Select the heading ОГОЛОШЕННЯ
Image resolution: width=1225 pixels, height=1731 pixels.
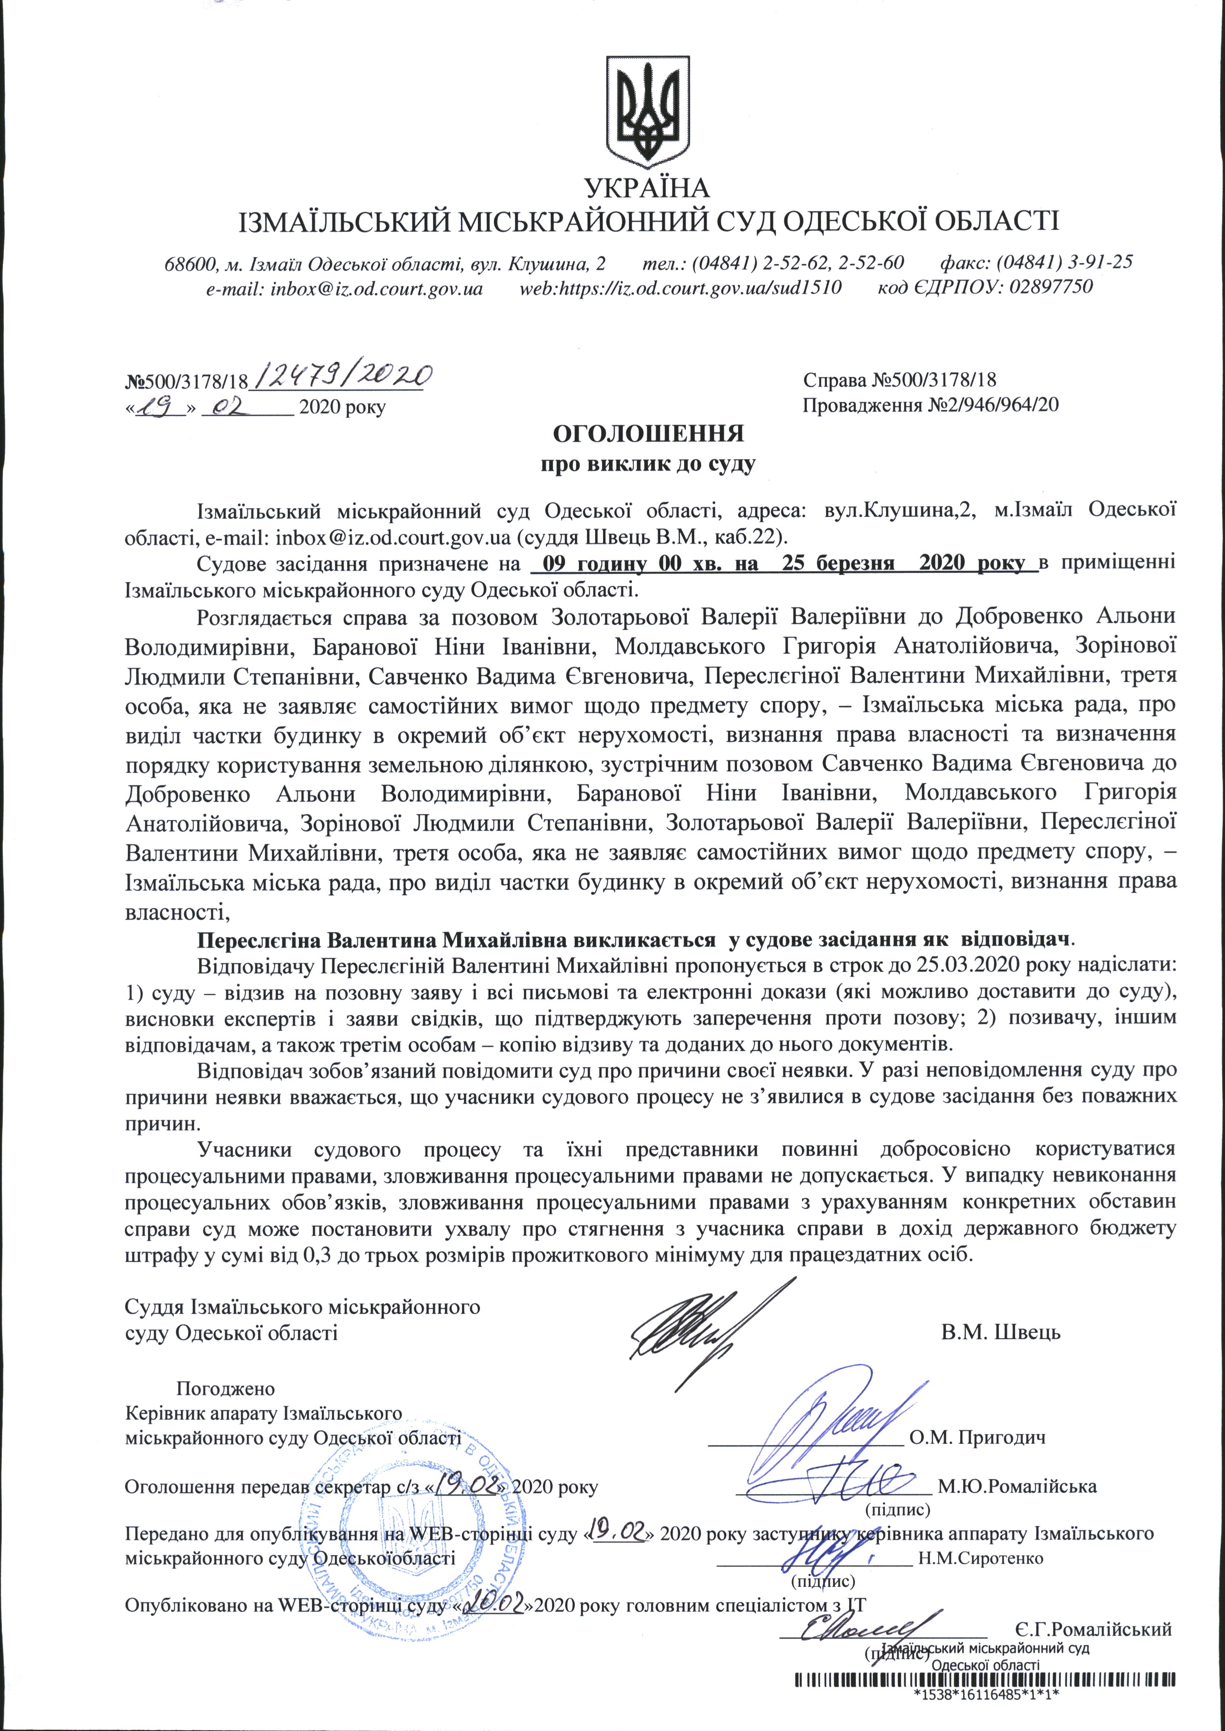[x=649, y=433]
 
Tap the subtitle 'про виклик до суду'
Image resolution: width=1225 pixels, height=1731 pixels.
[x=649, y=463]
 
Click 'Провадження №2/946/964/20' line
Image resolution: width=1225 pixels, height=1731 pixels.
[x=930, y=405]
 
